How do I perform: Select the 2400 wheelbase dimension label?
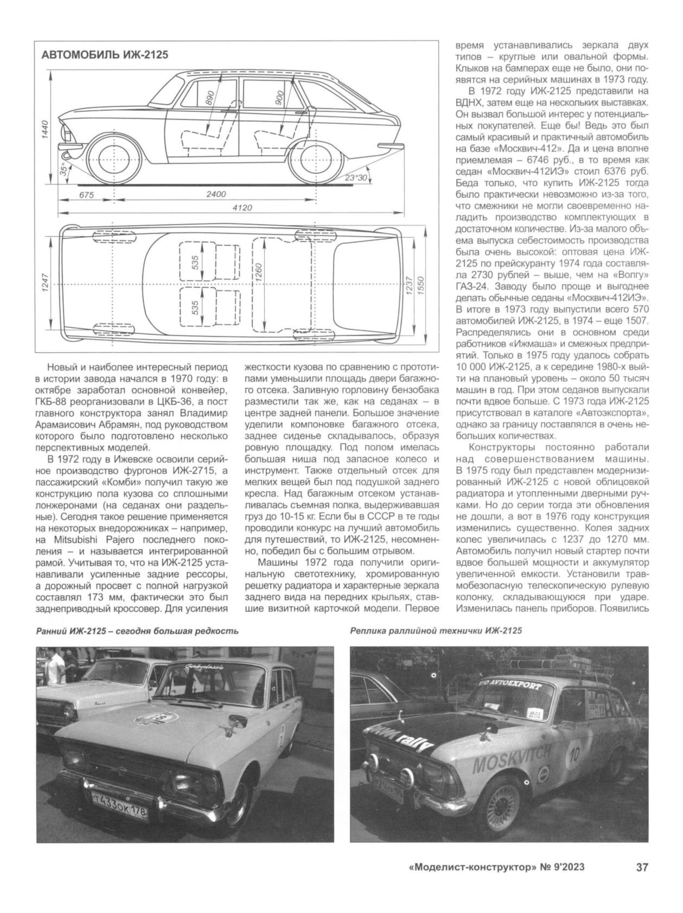click(x=216, y=194)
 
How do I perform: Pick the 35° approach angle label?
click(x=64, y=170)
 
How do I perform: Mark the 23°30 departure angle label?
click(x=356, y=177)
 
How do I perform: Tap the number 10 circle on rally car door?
click(x=576, y=755)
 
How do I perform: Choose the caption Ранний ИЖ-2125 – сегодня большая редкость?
click(x=137, y=630)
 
